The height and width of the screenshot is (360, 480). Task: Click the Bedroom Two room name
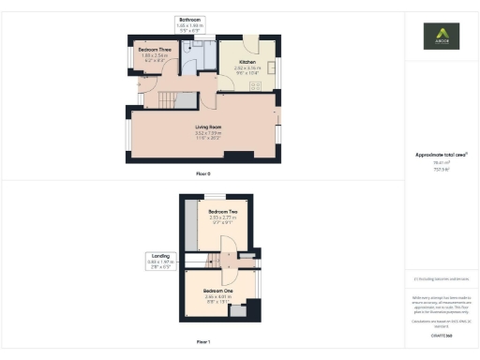223,212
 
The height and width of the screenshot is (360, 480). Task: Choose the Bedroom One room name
218,292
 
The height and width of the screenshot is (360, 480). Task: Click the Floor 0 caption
202,174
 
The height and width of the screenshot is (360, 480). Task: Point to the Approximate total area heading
442,155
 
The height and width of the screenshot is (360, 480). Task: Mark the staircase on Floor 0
167,97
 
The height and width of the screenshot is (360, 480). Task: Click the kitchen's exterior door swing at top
249,43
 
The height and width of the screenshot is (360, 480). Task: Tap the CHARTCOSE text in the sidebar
441,335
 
